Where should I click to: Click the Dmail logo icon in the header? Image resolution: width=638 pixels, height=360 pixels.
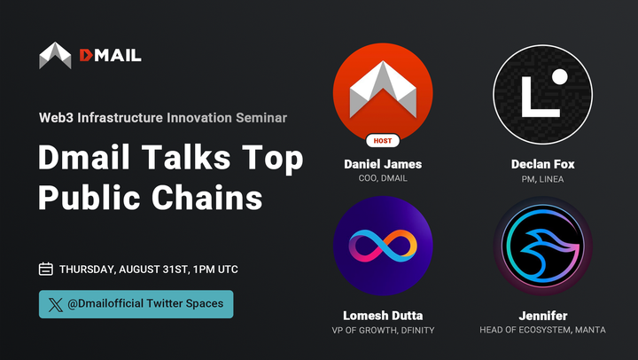(55, 55)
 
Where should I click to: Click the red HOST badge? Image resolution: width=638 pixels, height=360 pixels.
(382, 141)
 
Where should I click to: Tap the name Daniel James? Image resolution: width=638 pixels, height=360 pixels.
(382, 164)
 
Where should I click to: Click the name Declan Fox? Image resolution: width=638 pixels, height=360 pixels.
(542, 164)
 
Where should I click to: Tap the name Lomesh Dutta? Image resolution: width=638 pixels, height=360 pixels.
(382, 316)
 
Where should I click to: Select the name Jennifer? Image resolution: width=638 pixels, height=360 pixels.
(542, 316)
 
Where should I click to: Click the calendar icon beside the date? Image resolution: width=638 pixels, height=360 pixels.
(46, 269)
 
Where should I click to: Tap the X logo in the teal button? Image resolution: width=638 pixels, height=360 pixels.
(56, 304)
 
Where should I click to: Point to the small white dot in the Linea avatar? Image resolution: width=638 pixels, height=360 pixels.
(558, 77)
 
